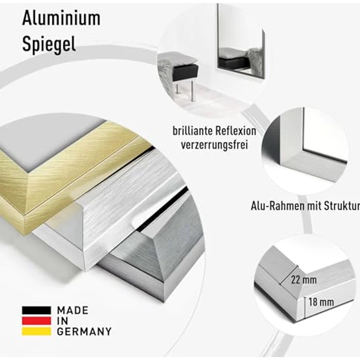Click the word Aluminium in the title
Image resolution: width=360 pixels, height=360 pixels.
pyautogui.click(x=61, y=19)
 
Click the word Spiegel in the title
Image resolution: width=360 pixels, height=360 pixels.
pyautogui.click(x=49, y=45)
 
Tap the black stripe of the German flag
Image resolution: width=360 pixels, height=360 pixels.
pyautogui.click(x=36, y=310)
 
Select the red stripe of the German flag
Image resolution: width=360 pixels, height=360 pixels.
pyautogui.click(x=36, y=321)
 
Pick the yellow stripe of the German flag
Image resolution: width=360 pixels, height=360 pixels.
pyautogui.click(x=36, y=331)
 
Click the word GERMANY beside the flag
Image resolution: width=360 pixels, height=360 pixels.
pyautogui.click(x=84, y=332)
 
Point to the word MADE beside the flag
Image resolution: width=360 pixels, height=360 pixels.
pyautogui.click(x=72, y=311)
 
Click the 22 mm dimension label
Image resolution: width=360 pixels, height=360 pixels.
pyautogui.click(x=304, y=280)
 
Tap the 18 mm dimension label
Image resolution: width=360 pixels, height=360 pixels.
pyautogui.click(x=321, y=302)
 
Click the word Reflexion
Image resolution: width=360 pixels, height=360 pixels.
pyautogui.click(x=235, y=131)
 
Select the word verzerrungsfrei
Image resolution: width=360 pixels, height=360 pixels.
pyautogui.click(x=214, y=145)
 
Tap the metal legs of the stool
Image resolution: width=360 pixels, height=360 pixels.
pyautogui.click(x=185, y=90)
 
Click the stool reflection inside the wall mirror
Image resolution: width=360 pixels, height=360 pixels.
pyautogui.click(x=233, y=62)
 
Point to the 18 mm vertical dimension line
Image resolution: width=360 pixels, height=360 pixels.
pyautogui.click(x=305, y=308)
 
